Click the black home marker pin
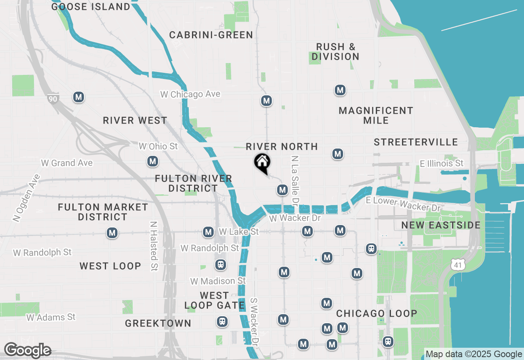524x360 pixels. [262, 163]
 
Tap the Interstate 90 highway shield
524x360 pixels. [52, 98]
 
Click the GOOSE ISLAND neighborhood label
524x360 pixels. [91, 7]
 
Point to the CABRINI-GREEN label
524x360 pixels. [211, 35]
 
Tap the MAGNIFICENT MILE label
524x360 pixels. [376, 115]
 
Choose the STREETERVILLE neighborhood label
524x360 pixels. [416, 142]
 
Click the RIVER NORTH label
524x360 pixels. [282, 146]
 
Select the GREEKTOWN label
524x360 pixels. [158, 323]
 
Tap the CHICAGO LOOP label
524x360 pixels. [377, 313]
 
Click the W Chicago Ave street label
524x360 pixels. [190, 94]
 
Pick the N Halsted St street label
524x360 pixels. [154, 246]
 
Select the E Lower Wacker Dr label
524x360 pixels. [403, 203]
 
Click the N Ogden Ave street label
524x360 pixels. [27, 198]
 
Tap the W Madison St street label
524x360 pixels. [218, 281]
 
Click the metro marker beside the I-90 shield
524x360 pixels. [79, 97]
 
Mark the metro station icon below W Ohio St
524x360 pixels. [153, 161]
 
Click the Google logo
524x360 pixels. [27, 350]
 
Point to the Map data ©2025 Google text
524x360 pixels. [474, 354]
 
